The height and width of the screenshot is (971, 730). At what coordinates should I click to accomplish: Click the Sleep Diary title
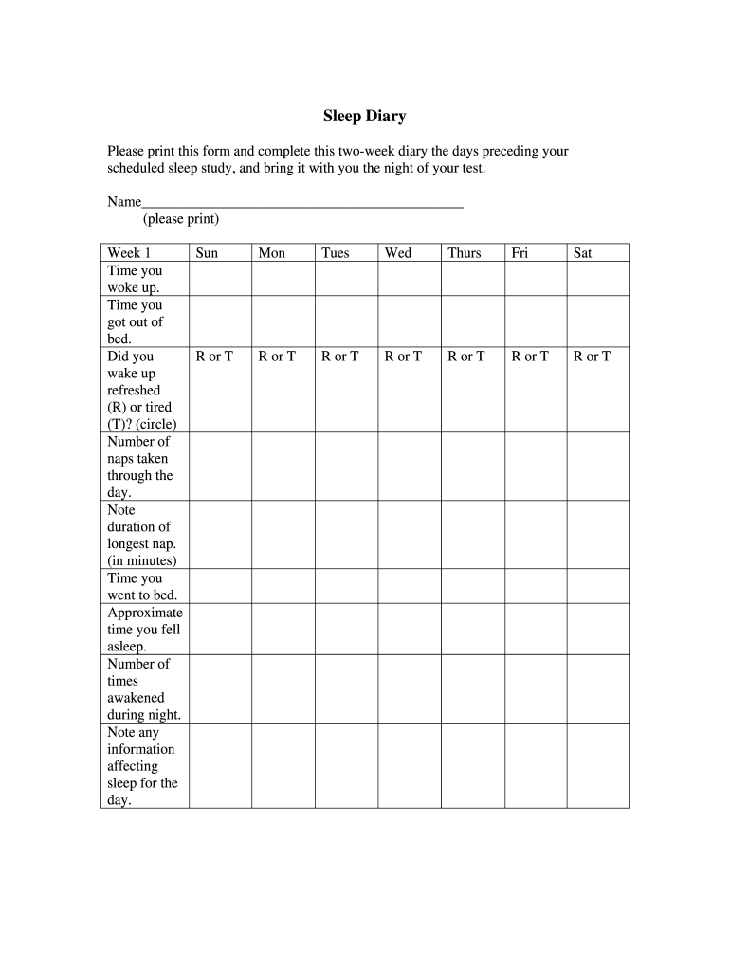364,117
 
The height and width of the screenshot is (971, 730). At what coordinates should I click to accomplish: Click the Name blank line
302,202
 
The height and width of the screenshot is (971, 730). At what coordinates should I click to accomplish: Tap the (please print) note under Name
181,219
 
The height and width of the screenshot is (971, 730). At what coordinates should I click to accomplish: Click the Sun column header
207,253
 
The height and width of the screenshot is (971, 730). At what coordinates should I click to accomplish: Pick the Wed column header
398,253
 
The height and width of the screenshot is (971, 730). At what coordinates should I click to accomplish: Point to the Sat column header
583,253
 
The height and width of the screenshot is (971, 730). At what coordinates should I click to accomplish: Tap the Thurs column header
465,253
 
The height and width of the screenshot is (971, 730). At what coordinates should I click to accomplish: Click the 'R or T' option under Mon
277,357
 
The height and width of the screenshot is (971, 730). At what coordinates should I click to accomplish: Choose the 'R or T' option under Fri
530,357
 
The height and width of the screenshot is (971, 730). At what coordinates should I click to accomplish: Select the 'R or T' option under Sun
214,357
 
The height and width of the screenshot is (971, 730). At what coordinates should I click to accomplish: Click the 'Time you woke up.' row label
135,279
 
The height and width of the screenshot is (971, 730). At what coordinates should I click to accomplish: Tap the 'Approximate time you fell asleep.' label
144,629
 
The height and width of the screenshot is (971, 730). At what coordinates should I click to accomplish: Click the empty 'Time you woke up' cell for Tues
346,279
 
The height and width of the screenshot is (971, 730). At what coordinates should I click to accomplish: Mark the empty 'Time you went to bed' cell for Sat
597,586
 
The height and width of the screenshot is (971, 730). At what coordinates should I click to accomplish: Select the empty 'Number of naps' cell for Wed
410,467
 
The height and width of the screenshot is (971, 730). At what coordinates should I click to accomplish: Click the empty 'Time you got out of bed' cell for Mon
283,321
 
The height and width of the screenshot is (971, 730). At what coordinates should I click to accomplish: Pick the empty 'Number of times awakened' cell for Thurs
472,688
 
